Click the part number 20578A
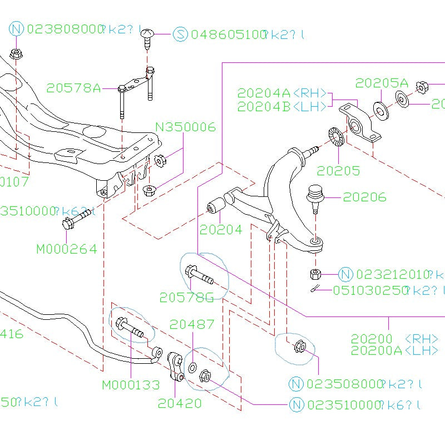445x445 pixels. pos(73,88)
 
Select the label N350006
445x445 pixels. pos(185,127)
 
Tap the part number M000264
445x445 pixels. pos(66,249)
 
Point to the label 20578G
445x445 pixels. pos(186,298)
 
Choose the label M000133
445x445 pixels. pos(131,384)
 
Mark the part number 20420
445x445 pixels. pos(179,403)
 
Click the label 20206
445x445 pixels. pos(364,197)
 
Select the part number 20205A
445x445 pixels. pos(382,83)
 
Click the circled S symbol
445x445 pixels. pos(180,34)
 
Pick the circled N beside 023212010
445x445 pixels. pos(345,274)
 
